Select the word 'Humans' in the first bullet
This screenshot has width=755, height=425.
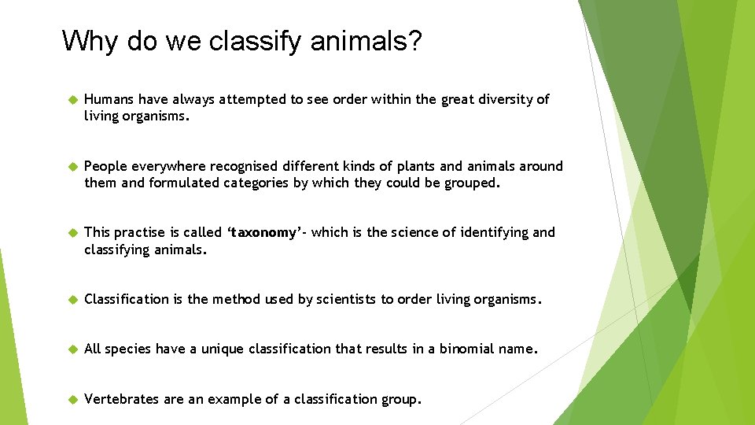pos(109,99)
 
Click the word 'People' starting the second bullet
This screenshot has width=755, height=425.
pos(105,166)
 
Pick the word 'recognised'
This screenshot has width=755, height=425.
pos(239,166)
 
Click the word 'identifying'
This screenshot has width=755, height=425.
pos(490,232)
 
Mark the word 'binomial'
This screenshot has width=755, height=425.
pos(466,349)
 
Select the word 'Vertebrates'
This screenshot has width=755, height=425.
pos(122,399)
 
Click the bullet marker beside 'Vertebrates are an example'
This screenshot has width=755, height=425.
pos(68,400)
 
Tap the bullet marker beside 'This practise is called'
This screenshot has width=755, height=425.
pos(68,233)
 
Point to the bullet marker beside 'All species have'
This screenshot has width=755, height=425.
pos(68,349)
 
